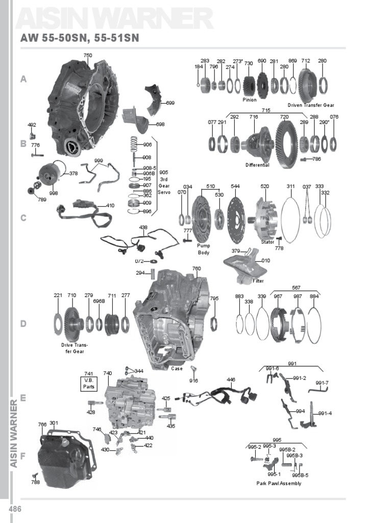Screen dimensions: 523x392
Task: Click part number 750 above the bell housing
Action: (88, 56)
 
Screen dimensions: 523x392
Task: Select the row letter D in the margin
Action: (23, 324)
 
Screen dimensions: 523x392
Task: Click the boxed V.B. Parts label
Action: (89, 383)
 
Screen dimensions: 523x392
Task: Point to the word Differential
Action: (257, 165)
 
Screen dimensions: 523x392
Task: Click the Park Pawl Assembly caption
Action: (279, 483)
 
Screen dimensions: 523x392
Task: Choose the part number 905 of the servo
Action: (163, 173)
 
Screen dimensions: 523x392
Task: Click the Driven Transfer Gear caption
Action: (310, 105)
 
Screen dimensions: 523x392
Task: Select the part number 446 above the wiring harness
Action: (231, 380)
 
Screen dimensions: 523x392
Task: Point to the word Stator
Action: (268, 242)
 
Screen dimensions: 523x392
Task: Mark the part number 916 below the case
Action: (193, 381)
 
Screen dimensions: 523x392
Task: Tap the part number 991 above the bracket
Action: (292, 364)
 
